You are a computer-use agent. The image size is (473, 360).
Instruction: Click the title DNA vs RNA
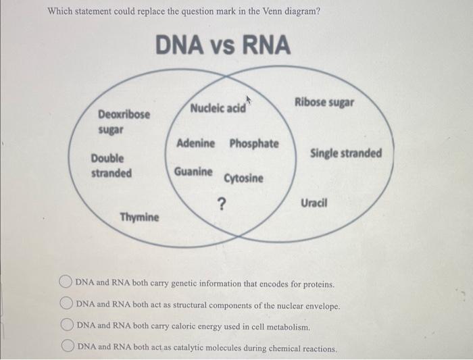(224, 46)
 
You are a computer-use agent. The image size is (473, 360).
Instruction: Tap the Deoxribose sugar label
(124, 121)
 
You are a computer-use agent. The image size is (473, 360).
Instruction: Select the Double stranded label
(111, 165)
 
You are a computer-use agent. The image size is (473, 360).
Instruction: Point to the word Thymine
(140, 217)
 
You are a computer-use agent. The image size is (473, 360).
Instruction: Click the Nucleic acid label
(218, 109)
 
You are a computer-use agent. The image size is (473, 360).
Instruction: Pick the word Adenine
(196, 143)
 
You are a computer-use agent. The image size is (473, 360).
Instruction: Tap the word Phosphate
(253, 143)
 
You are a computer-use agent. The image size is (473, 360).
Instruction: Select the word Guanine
(193, 172)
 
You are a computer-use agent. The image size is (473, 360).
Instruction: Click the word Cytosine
(244, 178)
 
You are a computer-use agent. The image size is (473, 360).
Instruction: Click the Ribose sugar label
(324, 103)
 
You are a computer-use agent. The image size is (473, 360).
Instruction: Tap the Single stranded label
(345, 153)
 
